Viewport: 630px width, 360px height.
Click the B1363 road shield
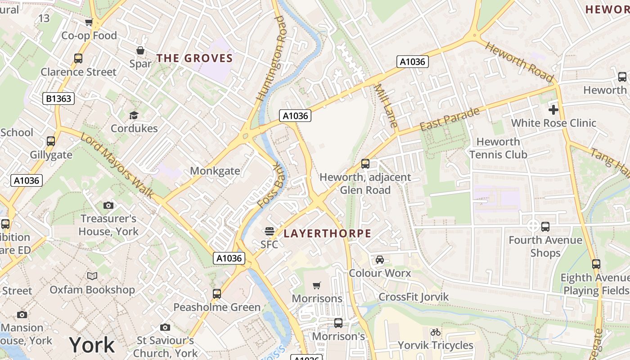pyautogui.click(x=58, y=99)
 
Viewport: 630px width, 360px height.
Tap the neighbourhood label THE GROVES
pyautogui.click(x=194, y=58)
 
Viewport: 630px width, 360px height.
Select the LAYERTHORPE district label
pyautogui.click(x=328, y=234)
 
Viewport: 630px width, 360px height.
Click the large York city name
pyautogui.click(x=92, y=345)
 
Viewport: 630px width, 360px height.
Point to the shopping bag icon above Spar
pyautogui.click(x=140, y=50)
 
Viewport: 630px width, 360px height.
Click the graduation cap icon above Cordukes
pyautogui.click(x=134, y=116)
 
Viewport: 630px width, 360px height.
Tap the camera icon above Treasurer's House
pyautogui.click(x=108, y=206)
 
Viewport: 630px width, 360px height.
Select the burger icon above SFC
pyautogui.click(x=270, y=231)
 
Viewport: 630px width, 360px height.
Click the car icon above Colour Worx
pyautogui.click(x=380, y=260)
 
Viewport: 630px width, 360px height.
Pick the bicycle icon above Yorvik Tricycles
pyautogui.click(x=435, y=333)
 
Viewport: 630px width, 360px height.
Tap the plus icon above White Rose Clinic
pyautogui.click(x=553, y=110)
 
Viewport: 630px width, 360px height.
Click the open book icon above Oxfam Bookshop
pyautogui.click(x=92, y=276)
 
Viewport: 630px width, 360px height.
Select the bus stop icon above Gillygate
pyautogui.click(x=51, y=141)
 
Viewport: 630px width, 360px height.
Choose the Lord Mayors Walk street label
pyautogui.click(x=117, y=165)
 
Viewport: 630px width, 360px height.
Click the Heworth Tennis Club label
pyautogui.click(x=498, y=148)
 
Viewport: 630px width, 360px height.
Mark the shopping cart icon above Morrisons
pyautogui.click(x=317, y=285)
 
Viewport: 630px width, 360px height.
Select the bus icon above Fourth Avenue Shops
pyautogui.click(x=545, y=227)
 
